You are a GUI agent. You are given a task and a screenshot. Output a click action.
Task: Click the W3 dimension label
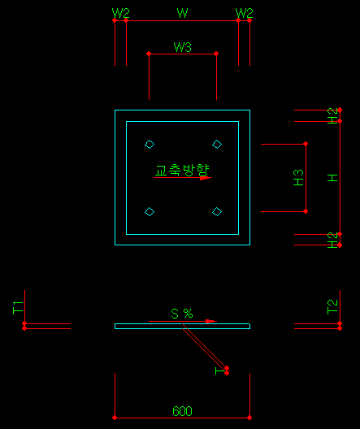point(183,47)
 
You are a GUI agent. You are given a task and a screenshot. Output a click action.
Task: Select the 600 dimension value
point(182,411)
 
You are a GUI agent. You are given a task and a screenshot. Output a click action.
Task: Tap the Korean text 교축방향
point(182,170)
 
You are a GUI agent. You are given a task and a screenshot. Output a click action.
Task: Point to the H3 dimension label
point(298,178)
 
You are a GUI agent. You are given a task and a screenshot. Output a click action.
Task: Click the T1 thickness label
point(18,307)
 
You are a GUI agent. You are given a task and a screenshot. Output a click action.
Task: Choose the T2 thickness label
point(332,307)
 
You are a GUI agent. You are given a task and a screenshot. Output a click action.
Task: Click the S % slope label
point(182,314)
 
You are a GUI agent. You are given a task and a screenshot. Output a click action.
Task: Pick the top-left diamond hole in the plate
point(150,144)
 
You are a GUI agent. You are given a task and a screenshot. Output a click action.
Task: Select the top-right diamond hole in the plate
point(217,144)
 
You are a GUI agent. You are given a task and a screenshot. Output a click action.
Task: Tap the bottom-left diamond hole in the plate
point(150,212)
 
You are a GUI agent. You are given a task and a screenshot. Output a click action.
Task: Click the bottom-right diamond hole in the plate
point(217,212)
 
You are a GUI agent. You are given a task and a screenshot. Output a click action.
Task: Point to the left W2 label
point(120,13)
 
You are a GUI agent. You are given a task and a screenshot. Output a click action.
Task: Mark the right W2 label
point(245,13)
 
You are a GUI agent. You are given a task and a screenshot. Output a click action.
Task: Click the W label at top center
point(183,13)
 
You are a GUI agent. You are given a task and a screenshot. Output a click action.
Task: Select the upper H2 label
point(332,115)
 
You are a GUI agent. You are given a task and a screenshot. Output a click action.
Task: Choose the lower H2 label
point(332,240)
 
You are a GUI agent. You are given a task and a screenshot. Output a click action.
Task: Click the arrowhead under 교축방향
point(204,178)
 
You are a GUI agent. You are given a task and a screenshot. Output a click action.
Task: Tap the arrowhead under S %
point(210,321)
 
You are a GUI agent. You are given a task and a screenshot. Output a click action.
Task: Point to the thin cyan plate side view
point(182,326)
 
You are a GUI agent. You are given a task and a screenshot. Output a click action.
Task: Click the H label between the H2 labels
point(332,178)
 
